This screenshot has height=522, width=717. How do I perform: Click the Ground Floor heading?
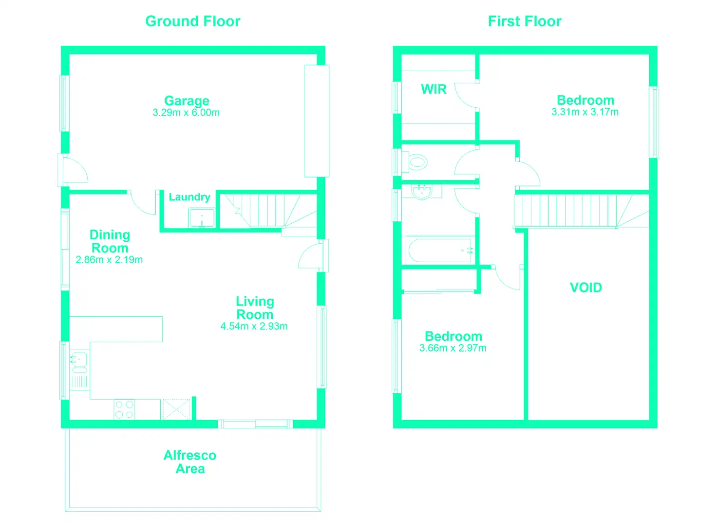193,21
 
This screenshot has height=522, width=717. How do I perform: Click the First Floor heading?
525,21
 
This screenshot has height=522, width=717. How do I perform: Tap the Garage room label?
187,100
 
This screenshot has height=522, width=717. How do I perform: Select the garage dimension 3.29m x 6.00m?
186,113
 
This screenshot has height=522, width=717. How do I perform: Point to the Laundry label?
189,196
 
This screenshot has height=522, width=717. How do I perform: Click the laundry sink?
202,218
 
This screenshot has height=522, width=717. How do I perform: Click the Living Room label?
255,308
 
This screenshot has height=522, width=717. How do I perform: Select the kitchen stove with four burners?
124,409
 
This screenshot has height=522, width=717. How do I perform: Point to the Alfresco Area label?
190,462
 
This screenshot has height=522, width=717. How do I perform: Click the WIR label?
434,89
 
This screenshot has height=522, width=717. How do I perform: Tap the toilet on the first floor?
418,162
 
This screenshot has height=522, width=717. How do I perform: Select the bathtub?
440,250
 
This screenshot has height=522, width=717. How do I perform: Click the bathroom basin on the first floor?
421,192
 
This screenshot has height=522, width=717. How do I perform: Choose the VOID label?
586,287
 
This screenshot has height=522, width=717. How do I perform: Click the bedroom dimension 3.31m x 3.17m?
585,112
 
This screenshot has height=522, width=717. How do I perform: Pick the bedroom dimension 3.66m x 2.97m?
453,348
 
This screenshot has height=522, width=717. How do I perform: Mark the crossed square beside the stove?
176,409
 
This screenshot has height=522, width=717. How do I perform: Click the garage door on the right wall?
317,121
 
